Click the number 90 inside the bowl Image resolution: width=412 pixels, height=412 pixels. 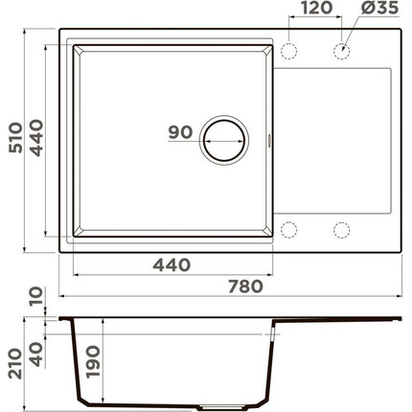click(179, 133)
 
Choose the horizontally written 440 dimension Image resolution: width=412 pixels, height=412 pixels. click(171, 264)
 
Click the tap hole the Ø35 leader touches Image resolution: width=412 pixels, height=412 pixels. click(340, 49)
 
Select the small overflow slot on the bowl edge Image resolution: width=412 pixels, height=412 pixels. click(270, 141)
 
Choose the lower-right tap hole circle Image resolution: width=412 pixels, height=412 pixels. click(340, 229)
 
